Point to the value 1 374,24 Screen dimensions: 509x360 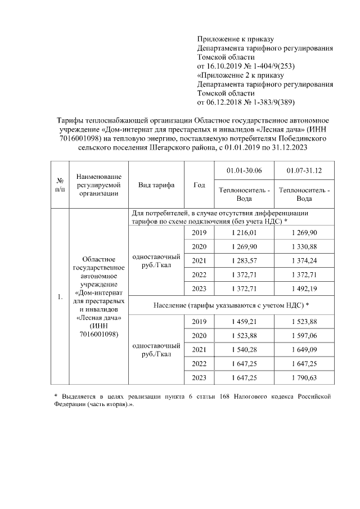click(305, 261)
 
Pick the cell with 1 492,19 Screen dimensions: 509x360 click(305, 289)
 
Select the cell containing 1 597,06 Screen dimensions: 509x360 click(305, 335)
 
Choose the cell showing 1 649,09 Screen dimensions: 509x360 click(305, 349)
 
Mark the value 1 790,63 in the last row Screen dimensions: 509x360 click(305, 377)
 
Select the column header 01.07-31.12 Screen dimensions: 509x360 click(305, 170)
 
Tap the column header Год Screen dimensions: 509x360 click(199, 185)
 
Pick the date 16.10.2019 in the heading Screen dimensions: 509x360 click(226, 66)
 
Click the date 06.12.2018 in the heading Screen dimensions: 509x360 click(226, 102)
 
